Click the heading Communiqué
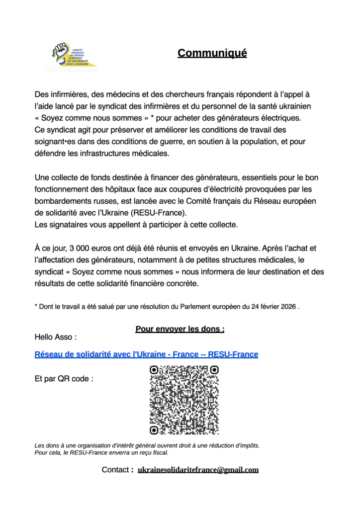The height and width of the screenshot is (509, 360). click(212, 53)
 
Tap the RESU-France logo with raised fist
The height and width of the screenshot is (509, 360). click(72, 57)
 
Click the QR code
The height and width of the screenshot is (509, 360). click(184, 400)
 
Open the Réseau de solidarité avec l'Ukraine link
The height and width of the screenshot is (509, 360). click(146, 354)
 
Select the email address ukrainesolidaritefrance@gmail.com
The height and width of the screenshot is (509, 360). click(198, 470)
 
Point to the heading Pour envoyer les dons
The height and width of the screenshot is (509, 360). click(180, 329)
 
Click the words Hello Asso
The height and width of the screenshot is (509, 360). click(55, 337)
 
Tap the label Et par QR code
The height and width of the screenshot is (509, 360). click(64, 379)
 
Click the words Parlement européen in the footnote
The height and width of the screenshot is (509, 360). click(214, 307)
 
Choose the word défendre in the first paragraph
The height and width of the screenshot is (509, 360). click(50, 153)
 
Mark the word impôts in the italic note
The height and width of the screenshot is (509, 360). click(247, 445)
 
